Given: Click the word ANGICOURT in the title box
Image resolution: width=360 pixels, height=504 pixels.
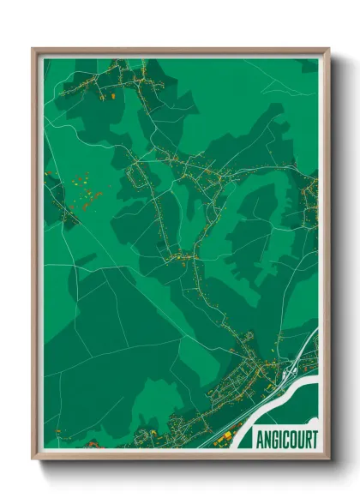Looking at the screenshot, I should [286, 439].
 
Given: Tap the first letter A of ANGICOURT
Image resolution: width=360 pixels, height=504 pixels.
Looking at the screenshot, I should [259, 439].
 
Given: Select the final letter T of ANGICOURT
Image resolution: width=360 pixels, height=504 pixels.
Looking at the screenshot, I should [314, 439].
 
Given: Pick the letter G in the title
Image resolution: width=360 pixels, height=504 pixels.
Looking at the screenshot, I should [273, 439].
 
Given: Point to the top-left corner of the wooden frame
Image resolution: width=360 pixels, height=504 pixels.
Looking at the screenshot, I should [33, 50].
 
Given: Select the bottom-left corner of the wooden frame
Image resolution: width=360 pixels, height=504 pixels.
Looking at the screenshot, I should [33, 456].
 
